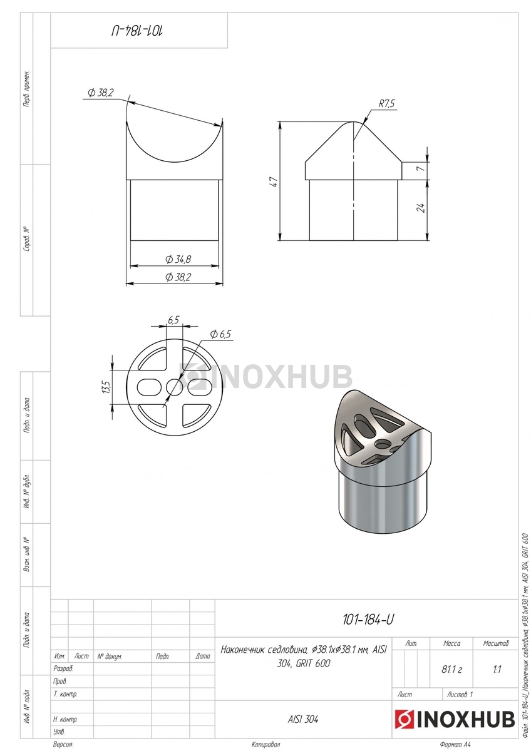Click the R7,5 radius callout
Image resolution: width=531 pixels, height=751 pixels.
pyautogui.click(x=387, y=104)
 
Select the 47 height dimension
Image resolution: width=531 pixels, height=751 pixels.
pyautogui.click(x=274, y=181)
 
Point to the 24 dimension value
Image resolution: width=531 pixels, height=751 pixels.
pyautogui.click(x=421, y=208)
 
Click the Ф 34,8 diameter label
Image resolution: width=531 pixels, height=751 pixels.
pyautogui.click(x=178, y=259)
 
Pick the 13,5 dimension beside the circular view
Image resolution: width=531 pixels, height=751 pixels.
pyautogui.click(x=107, y=387)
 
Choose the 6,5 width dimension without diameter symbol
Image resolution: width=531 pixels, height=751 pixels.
pyautogui.click(x=173, y=320)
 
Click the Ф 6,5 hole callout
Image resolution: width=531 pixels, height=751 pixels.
pyautogui.click(x=220, y=334)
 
